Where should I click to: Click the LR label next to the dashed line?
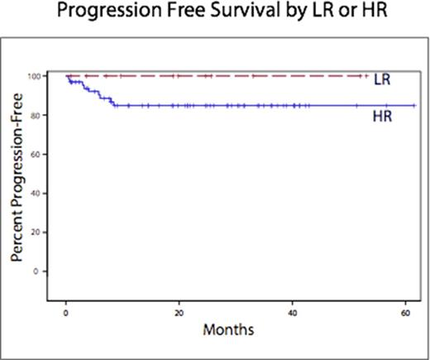[x=382, y=80]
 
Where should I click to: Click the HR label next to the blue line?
[x=382, y=119]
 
